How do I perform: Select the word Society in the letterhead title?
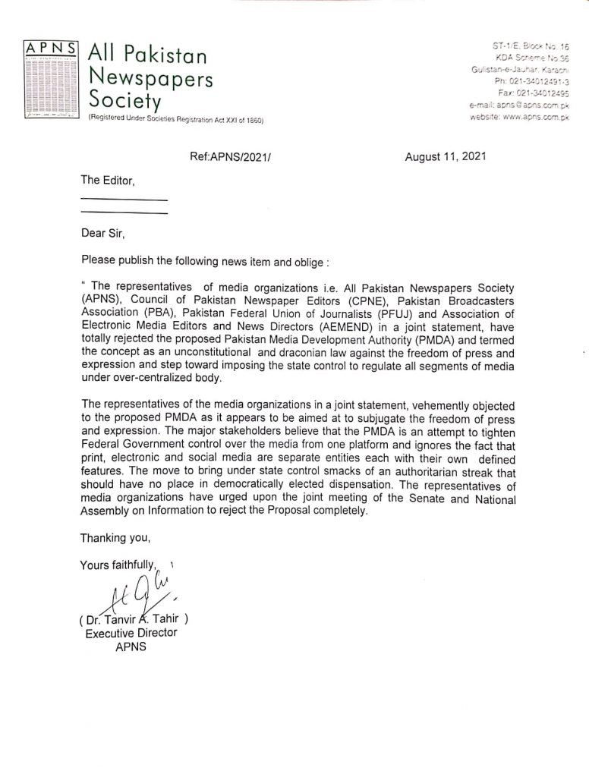pyautogui.click(x=124, y=99)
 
